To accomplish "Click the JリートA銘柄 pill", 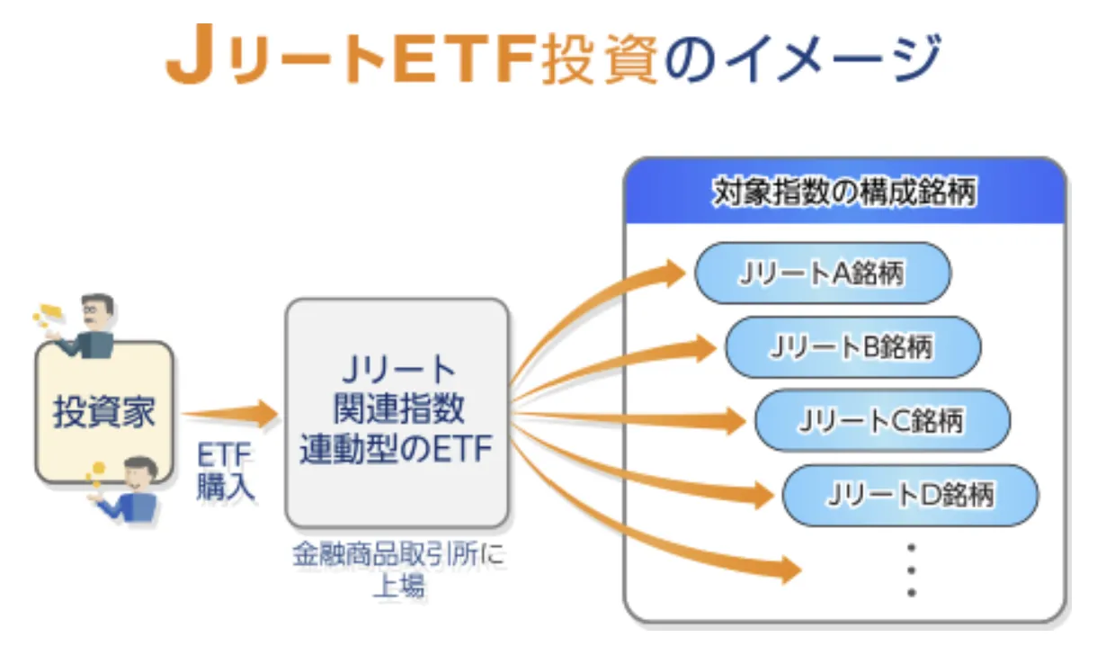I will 822,273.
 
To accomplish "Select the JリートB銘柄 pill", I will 852,346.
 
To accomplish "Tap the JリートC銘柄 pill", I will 881,420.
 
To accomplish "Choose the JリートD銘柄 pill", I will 910,494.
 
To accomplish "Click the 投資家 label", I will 103,412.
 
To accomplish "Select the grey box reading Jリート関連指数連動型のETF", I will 397,411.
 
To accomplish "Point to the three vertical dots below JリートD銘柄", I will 911,569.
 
